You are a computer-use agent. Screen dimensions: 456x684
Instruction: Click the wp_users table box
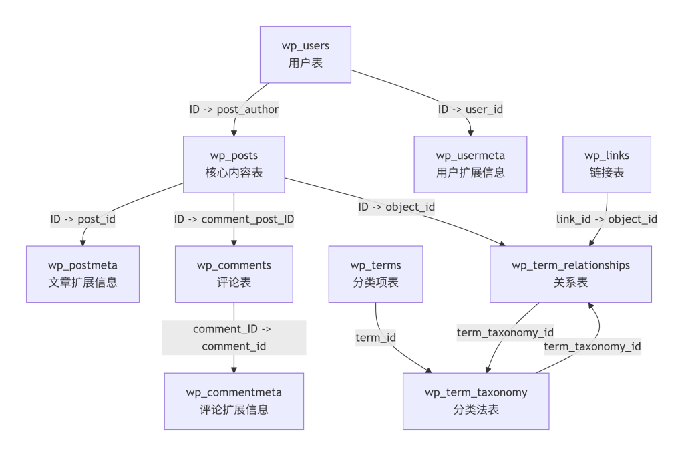coord(305,55)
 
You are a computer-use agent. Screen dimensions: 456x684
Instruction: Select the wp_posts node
coord(234,164)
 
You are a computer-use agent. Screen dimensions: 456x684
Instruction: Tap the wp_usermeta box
coord(470,164)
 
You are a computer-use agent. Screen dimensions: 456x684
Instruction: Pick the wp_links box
coord(607,164)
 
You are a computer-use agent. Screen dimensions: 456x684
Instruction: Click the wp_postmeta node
coord(83,274)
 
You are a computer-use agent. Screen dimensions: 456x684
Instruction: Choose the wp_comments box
coord(234,274)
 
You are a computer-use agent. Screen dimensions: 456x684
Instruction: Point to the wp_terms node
coord(375,274)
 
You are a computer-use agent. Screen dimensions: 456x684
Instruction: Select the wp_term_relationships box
coord(570,274)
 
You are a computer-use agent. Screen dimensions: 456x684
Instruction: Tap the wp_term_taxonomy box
coord(476,401)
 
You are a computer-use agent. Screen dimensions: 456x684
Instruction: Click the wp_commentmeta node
coord(234,401)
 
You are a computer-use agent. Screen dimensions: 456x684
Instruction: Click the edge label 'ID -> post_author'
coord(234,110)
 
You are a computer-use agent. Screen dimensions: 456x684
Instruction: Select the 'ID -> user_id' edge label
coord(470,110)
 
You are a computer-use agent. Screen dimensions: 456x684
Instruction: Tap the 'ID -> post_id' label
coord(83,219)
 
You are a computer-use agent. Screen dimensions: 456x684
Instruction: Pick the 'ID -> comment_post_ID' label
coord(234,219)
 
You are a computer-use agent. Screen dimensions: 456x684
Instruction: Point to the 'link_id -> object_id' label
coord(607,219)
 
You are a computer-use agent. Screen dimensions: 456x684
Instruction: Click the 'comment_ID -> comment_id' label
coord(234,337)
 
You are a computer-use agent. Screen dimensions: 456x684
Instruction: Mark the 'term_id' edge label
coord(375,338)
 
